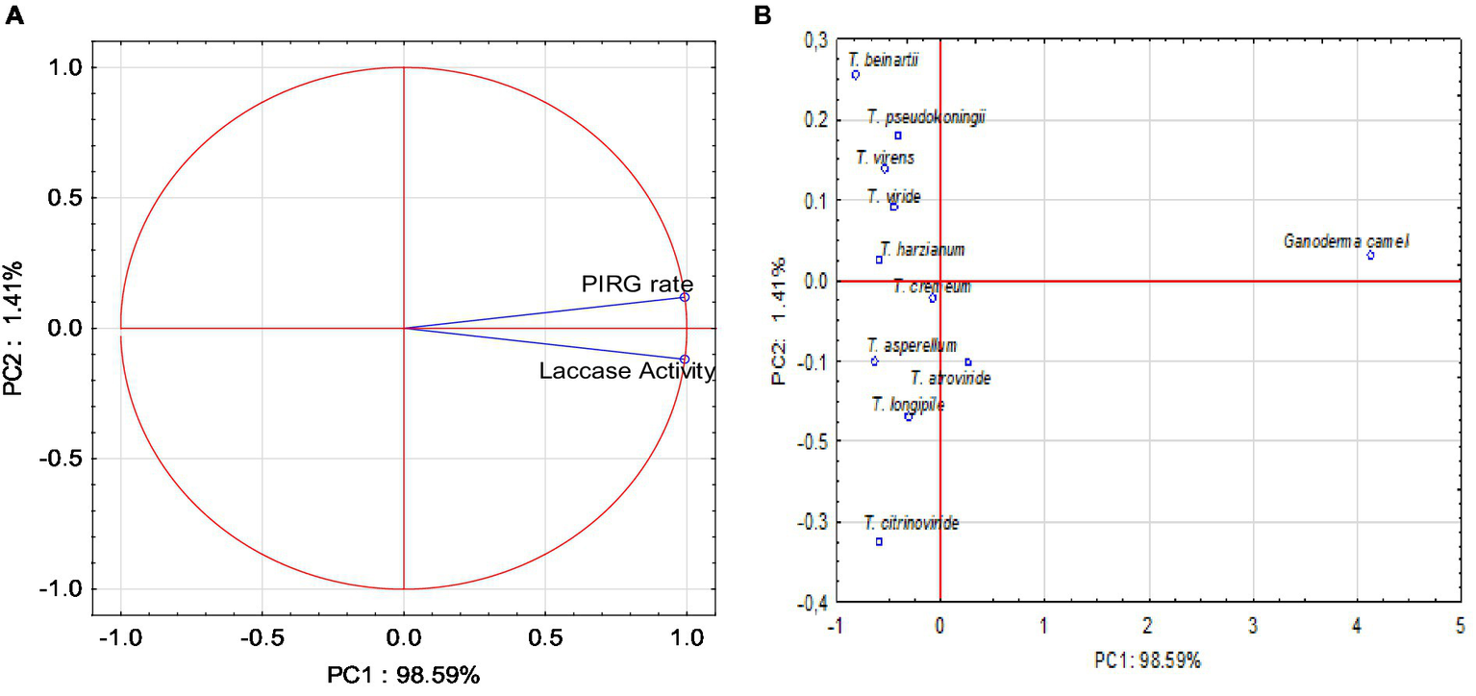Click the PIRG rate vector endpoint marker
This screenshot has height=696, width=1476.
(685, 297)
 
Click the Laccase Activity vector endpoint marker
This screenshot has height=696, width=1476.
(685, 360)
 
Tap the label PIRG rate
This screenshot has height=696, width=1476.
(637, 284)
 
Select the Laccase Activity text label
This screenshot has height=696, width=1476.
(627, 371)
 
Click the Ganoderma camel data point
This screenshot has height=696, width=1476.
(1370, 255)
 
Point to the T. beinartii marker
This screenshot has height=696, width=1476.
(855, 75)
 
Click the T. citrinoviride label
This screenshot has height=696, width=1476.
(911, 524)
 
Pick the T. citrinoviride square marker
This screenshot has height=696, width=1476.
(879, 541)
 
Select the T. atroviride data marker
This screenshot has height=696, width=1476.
(967, 362)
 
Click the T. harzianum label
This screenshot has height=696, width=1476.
(921, 250)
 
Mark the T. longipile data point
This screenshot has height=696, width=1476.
(909, 416)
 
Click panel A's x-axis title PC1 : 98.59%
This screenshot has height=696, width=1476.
(403, 675)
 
